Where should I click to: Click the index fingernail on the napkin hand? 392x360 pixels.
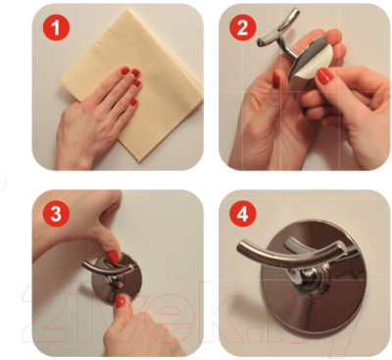tap(124, 72)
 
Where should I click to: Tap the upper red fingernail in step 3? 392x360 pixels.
tap(114, 256)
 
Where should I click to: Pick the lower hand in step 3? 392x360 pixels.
tap(147, 329)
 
